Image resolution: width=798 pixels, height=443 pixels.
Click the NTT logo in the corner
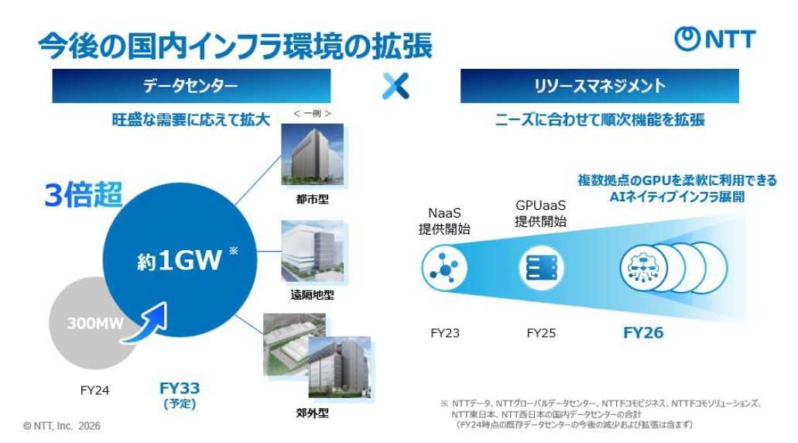coord(714,39)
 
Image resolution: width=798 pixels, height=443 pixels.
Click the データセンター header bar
coord(191,85)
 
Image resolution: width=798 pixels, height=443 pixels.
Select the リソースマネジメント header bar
coord(600,85)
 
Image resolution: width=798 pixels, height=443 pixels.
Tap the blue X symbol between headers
coord(396,85)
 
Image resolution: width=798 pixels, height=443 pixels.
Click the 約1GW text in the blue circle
coord(179,260)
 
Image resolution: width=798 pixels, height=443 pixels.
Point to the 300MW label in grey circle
coord(95,323)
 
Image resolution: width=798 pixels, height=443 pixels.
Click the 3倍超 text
coord(84,195)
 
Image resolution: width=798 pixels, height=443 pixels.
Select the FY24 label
coord(94,390)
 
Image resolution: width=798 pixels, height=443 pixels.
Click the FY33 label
coord(180,388)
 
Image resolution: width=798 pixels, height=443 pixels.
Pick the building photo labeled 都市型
coord(313,154)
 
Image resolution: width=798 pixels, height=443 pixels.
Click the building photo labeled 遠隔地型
coord(313,251)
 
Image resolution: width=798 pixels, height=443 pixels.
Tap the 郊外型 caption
coord(313,413)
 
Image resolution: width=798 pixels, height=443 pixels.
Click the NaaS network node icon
coord(444,267)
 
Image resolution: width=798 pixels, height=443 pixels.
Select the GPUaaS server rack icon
coord(541,268)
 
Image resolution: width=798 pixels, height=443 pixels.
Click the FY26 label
coord(643,332)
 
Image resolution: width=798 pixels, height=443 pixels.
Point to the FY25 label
coord(541,333)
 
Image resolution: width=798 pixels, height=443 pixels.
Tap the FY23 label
coord(445,333)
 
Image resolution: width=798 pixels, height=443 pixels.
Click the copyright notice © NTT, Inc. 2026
coord(62,426)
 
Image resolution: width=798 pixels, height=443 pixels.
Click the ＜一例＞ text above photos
coord(312,114)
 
